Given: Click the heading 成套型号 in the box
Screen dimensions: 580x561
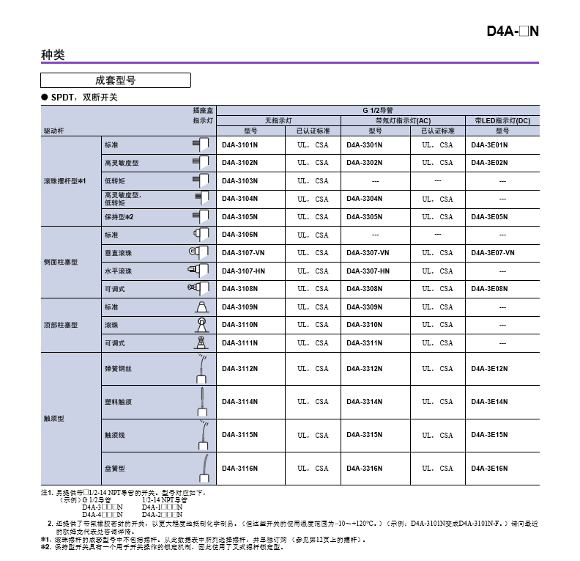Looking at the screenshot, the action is [116, 81].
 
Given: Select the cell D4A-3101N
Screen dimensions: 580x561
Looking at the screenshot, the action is [240, 144].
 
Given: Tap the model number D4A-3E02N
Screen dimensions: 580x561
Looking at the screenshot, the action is [489, 163].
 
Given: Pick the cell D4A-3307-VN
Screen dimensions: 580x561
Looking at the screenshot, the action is [368, 253].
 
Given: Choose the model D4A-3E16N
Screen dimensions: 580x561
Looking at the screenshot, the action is [489, 469].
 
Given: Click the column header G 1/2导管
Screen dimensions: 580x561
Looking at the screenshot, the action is [377, 109].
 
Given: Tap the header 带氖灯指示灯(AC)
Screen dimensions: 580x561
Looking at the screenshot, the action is [403, 120].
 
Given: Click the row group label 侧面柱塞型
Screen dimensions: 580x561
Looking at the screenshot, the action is [60, 262].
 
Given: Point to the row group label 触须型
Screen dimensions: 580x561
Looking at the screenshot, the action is [54, 419].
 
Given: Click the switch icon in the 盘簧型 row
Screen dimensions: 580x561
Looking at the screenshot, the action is [201, 467].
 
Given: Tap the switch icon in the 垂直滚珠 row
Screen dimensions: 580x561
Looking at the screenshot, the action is [198, 252].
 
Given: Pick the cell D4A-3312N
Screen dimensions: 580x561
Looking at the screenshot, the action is [365, 369].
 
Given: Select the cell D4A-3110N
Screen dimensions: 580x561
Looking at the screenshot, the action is [240, 325].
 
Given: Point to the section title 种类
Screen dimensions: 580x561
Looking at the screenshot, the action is [53, 55].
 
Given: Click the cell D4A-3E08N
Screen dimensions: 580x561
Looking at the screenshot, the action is [489, 289].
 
